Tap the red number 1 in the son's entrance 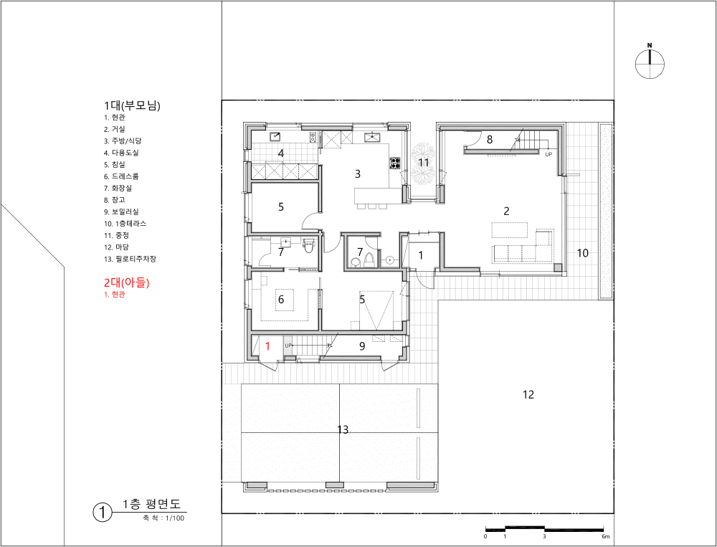tap(268, 346)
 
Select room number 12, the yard tap(528, 394)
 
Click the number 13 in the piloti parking tap(343, 429)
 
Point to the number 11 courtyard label tap(424, 162)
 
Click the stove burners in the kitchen tap(394, 162)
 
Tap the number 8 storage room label tap(489, 140)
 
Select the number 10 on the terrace tap(582, 252)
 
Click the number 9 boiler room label tap(362, 346)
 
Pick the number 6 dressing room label tap(281, 299)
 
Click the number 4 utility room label tap(281, 153)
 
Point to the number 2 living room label tap(506, 211)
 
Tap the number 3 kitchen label tap(358, 173)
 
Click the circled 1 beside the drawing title tap(102, 513)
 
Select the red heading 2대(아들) tap(127, 282)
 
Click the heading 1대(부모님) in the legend tap(132, 105)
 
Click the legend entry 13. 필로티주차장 tap(130, 259)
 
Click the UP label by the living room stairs tap(549, 155)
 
